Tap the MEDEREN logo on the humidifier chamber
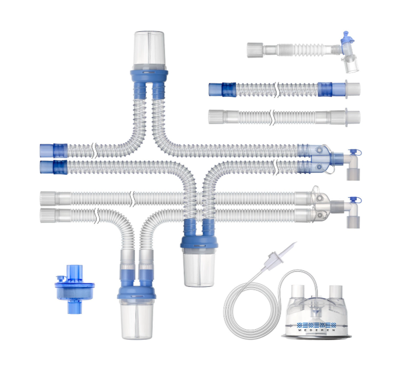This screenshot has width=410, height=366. (x=317, y=327)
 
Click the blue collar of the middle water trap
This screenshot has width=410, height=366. (x=199, y=242)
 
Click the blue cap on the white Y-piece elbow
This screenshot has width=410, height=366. (x=355, y=200)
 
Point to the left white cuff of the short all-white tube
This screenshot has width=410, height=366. (x=216, y=117)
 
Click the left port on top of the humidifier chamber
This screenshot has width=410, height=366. (x=297, y=292)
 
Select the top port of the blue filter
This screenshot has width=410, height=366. (x=75, y=271)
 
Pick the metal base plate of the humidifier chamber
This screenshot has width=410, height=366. (x=317, y=336)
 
